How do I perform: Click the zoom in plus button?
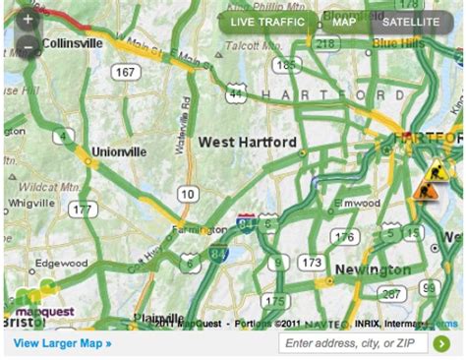pyautogui.click(x=29, y=19)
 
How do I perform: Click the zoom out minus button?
pyautogui.click(x=29, y=46)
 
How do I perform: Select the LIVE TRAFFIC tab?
pyautogui.click(x=268, y=22)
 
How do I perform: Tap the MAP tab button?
pyautogui.click(x=344, y=22)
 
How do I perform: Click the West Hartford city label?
pyautogui.click(x=247, y=143)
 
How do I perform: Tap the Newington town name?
pyautogui.click(x=373, y=269)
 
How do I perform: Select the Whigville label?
pyautogui.click(x=32, y=204)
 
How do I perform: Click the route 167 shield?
pyautogui.click(x=125, y=72)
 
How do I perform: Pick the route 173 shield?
pyautogui.click(x=312, y=262)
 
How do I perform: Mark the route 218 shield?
pyautogui.click(x=326, y=43)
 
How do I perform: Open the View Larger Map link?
pyautogui.click(x=63, y=343)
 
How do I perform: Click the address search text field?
pyautogui.click(x=352, y=343)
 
